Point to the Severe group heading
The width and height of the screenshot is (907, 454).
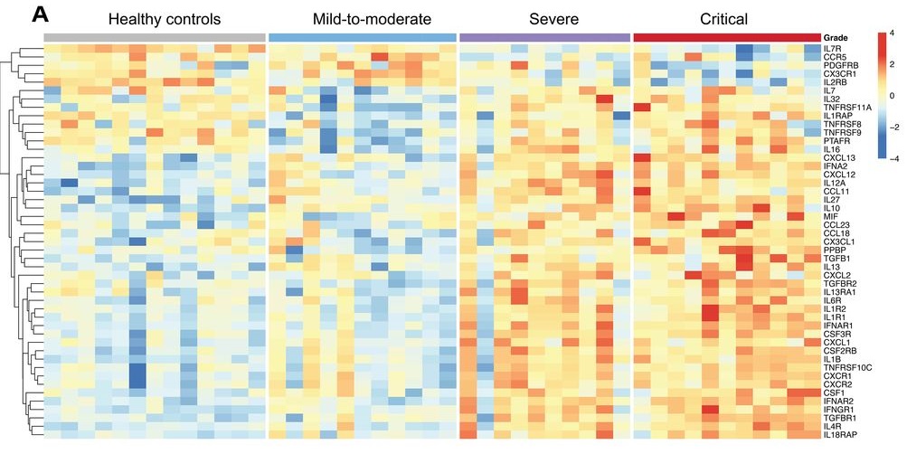544,18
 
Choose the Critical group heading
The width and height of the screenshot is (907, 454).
723,18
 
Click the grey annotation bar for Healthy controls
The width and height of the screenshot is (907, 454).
155,37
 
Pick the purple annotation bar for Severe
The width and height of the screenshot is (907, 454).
544,37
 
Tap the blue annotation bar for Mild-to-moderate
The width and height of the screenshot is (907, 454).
362,37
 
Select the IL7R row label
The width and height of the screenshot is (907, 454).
833,48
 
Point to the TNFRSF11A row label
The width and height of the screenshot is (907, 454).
846,107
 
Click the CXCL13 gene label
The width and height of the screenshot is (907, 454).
838,157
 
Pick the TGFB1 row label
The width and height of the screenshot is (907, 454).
836,259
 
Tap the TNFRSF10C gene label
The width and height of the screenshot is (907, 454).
848,367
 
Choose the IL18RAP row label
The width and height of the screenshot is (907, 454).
839,435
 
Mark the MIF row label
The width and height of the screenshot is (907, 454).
830,216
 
